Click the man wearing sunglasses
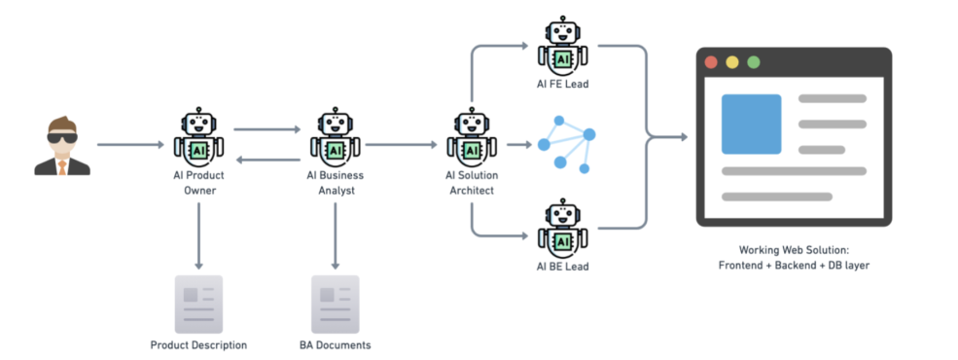[62, 146]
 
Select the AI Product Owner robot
[198, 137]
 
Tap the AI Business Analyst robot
[335, 137]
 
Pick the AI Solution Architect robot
[471, 137]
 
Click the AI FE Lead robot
[563, 47]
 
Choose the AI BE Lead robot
[563, 229]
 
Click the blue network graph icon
[566, 144]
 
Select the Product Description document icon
[198, 305]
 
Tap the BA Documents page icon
[335, 305]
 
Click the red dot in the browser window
[711, 62]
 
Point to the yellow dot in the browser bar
[732, 62]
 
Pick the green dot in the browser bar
[754, 62]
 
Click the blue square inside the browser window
[751, 125]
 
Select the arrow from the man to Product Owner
[130, 145]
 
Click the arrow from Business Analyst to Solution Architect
[402, 145]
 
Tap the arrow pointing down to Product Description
[198, 235]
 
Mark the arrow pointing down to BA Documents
[335, 235]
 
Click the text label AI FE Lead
[563, 85]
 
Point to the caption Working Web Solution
[794, 250]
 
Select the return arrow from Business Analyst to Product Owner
[268, 161]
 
